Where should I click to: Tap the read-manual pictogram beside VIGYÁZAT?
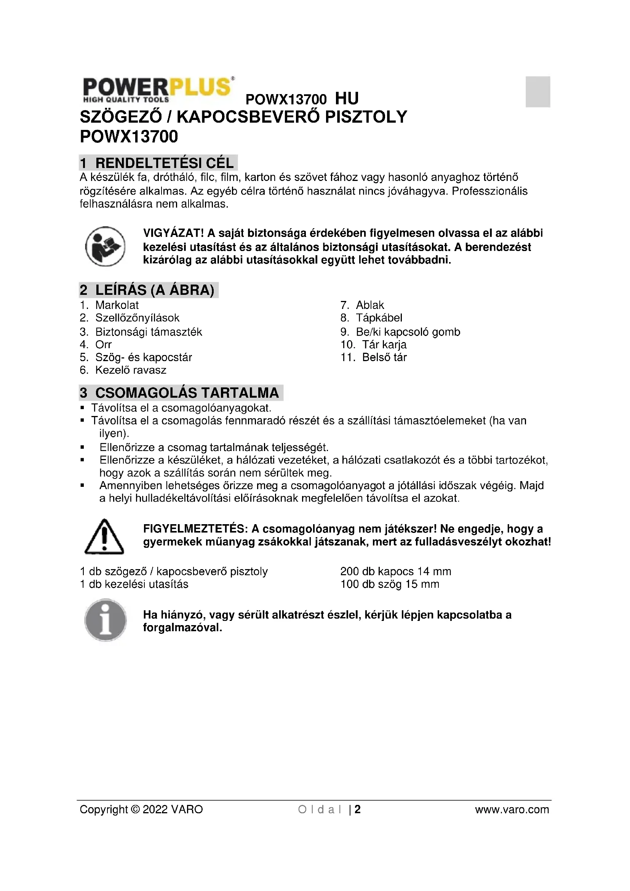pyautogui.click(x=105, y=246)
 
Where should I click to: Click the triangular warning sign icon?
pyautogui.click(x=104, y=536)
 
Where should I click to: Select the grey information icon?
pyautogui.click(x=106, y=620)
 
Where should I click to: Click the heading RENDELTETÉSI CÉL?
pyautogui.click(x=158, y=163)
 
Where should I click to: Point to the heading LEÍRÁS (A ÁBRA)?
pyautogui.click(x=149, y=290)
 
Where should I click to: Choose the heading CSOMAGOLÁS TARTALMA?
pyautogui.click(x=181, y=393)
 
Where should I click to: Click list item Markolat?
pyautogui.click(x=117, y=305)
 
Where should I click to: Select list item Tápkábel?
pyautogui.click(x=379, y=318)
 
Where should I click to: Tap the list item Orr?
pyautogui.click(x=104, y=345)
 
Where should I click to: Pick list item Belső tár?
pyautogui.click(x=384, y=357)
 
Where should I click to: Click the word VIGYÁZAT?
pyautogui.click(x=173, y=233)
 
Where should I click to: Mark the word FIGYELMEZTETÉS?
pyautogui.click(x=195, y=529)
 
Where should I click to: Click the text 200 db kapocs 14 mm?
pyautogui.click(x=396, y=572)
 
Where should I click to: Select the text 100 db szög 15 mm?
pyautogui.click(x=390, y=584)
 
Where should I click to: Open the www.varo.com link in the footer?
pyautogui.click(x=512, y=809)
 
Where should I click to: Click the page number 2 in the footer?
pyautogui.click(x=358, y=809)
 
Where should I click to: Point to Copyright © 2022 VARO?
pyautogui.click(x=141, y=809)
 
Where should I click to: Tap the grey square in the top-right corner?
pyautogui.click(x=538, y=91)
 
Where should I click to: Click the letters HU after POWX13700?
pyautogui.click(x=347, y=99)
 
